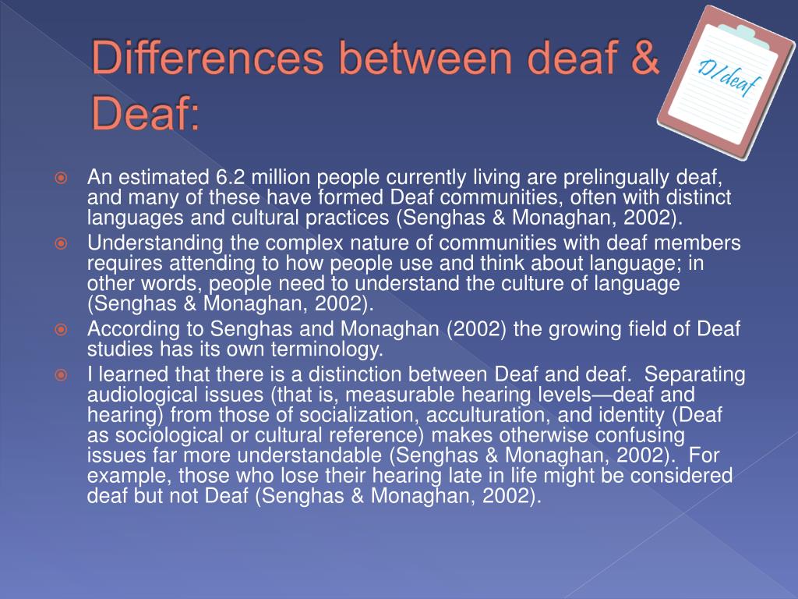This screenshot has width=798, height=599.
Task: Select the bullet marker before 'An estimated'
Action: coord(62,179)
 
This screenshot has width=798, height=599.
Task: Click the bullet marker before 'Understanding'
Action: coord(62,244)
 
